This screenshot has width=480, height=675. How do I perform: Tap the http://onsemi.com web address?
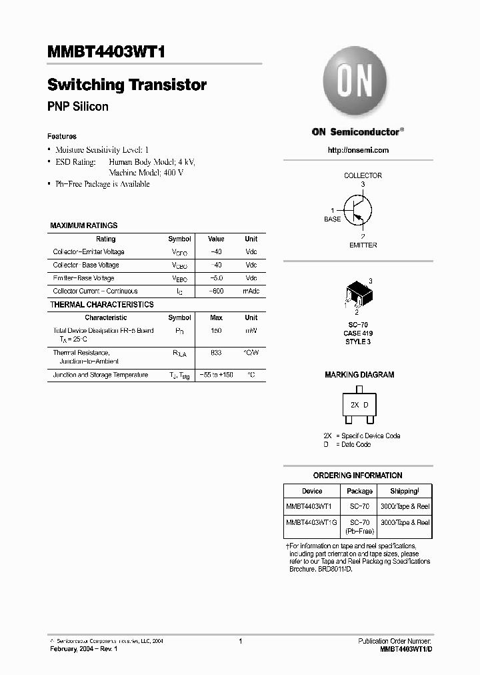(358, 151)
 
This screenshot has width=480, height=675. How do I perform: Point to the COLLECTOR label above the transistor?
(363, 175)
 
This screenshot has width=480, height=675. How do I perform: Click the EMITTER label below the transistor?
(363, 245)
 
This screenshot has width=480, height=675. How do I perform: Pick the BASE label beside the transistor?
(332, 219)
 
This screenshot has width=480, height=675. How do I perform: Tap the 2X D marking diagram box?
(359, 406)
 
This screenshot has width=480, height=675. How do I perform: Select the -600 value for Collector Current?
(216, 291)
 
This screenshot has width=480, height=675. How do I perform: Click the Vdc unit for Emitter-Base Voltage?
(251, 278)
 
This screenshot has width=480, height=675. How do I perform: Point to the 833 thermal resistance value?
(216, 352)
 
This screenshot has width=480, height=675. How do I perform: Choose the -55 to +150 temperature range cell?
(216, 375)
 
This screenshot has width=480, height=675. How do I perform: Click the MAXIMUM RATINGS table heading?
(84, 225)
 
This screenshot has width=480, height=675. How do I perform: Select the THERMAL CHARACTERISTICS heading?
(102, 304)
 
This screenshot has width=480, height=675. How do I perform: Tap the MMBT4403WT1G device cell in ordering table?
(311, 523)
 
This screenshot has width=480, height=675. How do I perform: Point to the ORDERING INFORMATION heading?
(358, 476)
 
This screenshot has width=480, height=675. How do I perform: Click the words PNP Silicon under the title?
(78, 107)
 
